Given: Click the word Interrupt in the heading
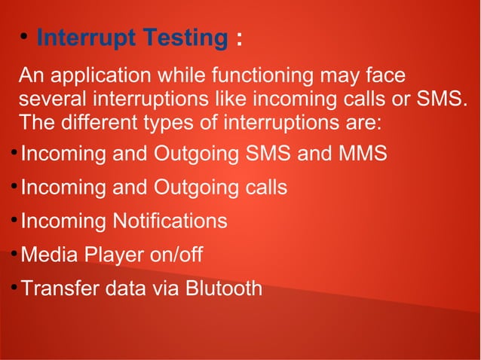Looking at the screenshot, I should (x=82, y=38).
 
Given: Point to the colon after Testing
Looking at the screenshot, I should (x=239, y=39).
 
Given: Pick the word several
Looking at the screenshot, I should (x=51, y=100).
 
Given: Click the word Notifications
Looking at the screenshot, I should (x=170, y=221).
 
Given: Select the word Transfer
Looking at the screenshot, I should (x=60, y=288).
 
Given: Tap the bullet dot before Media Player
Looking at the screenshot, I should (x=14, y=254).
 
